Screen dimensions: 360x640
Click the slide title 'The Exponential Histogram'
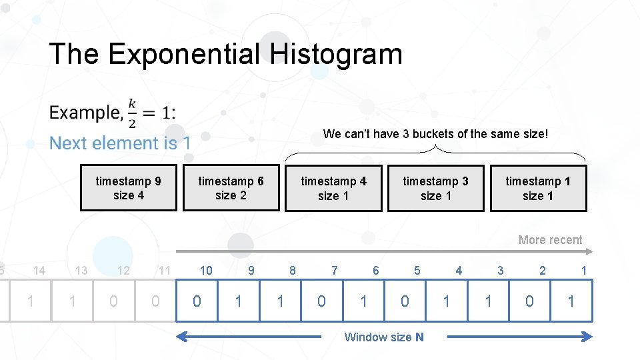(225, 54)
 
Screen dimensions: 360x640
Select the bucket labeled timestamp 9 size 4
(129, 188)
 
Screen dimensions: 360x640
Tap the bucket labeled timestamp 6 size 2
(231, 188)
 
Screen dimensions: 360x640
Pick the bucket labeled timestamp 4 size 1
(333, 188)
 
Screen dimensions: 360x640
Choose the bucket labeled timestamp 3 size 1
(435, 188)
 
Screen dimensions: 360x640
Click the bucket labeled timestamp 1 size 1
(538, 188)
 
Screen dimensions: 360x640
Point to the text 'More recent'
(550, 240)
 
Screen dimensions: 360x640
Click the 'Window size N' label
(383, 337)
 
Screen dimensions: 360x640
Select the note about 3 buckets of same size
(435, 134)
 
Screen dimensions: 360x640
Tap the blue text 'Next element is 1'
(120, 143)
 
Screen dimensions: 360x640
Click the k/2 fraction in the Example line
(132, 112)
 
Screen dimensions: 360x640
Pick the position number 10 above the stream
(206, 270)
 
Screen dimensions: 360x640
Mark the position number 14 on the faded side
(39, 270)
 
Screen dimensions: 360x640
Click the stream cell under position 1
(571, 301)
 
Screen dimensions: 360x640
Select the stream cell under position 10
(197, 301)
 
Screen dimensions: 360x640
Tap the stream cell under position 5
(405, 301)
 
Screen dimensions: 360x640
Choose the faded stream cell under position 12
(113, 301)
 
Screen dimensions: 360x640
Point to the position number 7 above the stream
(334, 270)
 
